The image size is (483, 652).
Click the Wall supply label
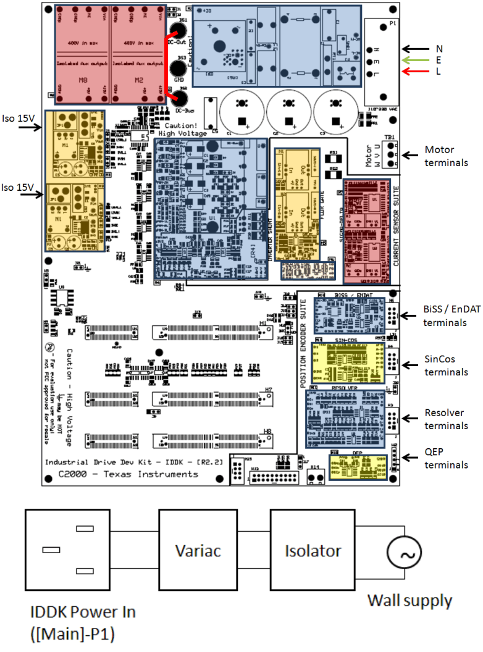(x=409, y=600)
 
